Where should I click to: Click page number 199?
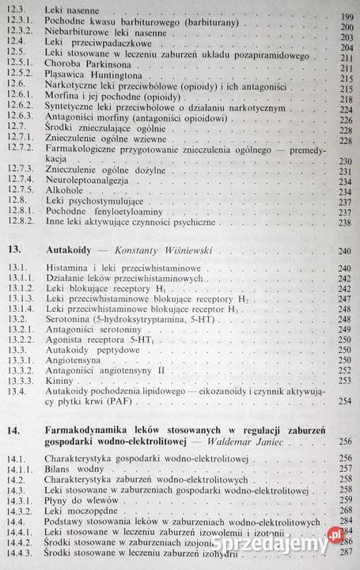point(343,17)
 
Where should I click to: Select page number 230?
point(343,160)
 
